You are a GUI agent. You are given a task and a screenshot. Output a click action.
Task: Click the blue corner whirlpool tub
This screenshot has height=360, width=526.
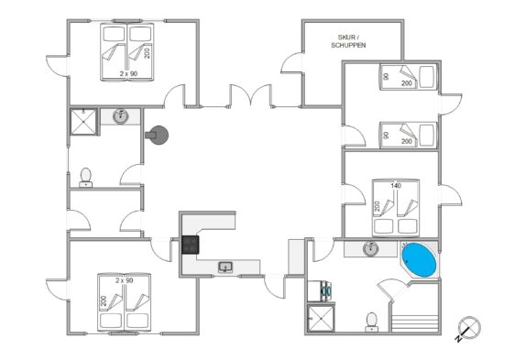click(420, 260)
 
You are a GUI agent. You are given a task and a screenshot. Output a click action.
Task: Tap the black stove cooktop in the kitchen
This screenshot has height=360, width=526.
click(191, 245)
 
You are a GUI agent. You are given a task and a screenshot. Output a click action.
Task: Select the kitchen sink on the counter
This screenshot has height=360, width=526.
click(225, 267)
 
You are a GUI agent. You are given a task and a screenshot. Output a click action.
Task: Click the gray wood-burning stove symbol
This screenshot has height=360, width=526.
click(157, 135)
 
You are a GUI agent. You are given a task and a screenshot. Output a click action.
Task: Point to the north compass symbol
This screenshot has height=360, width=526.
click(468, 328)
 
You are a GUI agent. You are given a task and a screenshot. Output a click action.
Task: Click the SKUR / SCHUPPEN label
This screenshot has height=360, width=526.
click(348, 41)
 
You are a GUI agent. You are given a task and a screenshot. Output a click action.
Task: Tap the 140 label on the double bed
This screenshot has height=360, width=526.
click(396, 185)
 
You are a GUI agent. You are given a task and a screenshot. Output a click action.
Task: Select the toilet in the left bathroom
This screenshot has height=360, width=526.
click(86, 178)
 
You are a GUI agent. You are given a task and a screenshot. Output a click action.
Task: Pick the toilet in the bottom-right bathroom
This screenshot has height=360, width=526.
click(371, 322)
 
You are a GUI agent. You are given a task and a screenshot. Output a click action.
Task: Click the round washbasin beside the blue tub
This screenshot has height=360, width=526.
click(371, 248)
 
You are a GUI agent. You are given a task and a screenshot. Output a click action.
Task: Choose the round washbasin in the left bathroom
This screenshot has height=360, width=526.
click(120, 116)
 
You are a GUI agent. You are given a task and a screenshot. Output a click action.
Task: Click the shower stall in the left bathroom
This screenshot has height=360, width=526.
click(83, 122)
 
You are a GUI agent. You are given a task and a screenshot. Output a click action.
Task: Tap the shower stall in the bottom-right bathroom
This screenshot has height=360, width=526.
click(321, 319)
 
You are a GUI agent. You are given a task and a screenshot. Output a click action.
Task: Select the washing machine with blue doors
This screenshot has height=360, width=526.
click(320, 291)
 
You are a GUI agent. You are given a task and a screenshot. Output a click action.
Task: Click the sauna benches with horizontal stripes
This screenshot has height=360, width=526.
click(415, 322)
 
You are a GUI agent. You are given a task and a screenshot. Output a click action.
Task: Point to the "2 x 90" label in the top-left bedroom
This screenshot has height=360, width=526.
click(129, 73)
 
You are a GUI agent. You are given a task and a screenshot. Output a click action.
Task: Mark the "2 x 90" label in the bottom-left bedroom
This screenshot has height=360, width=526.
click(125, 280)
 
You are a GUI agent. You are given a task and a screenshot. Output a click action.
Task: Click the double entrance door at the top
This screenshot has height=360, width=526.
click(250, 95)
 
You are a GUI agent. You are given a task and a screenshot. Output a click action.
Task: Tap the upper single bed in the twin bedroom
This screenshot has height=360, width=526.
click(409, 77)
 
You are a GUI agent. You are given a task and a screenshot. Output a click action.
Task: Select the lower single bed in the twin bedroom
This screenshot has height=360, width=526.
click(409, 135)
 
